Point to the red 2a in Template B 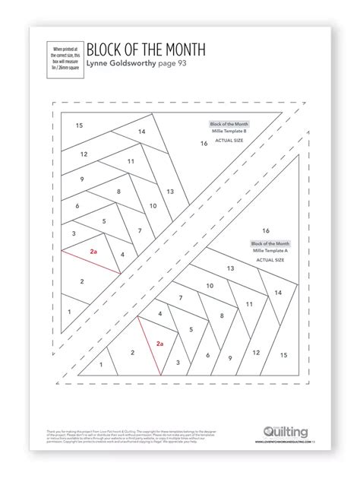point(93,250)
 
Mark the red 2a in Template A point(159,344)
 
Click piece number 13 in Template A point(231,270)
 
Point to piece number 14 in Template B point(141,132)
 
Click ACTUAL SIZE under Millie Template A point(270,259)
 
